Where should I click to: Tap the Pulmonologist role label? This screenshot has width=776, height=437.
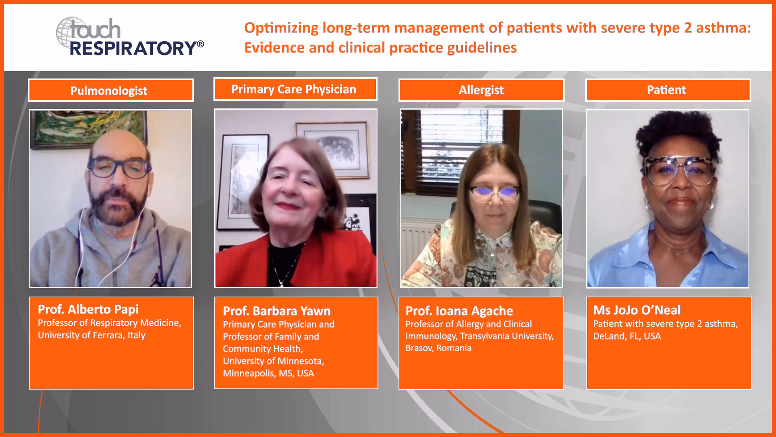tap(109, 91)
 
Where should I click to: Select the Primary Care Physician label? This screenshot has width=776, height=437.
tap(293, 89)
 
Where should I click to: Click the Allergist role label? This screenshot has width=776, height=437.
tap(481, 90)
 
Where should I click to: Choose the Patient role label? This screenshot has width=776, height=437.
tap(666, 90)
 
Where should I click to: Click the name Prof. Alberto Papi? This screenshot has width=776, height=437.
tap(88, 310)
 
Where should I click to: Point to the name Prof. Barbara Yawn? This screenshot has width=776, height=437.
tap(277, 311)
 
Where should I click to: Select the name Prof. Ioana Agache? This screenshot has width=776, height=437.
tap(459, 311)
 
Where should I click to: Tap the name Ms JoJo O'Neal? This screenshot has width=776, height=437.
tap(637, 310)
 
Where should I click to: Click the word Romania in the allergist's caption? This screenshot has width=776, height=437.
tap(454, 348)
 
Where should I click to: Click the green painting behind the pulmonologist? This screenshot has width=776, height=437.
tap(89, 128)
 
